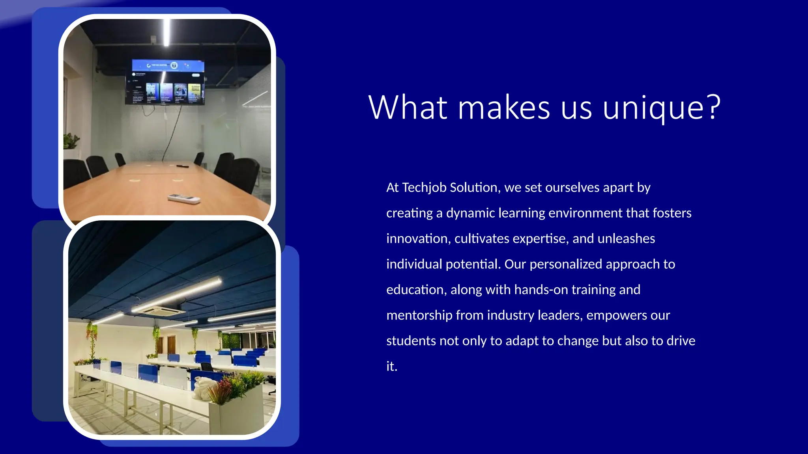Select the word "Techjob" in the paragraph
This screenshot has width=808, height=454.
click(x=424, y=188)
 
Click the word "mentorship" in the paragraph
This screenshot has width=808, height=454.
click(x=419, y=315)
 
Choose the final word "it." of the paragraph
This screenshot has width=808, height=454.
click(x=392, y=367)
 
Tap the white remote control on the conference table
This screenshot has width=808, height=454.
click(x=183, y=199)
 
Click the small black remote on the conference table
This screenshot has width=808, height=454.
click(x=182, y=166)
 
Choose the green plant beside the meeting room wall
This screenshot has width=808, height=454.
click(x=71, y=141)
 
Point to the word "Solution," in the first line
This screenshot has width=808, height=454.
click(x=475, y=188)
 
